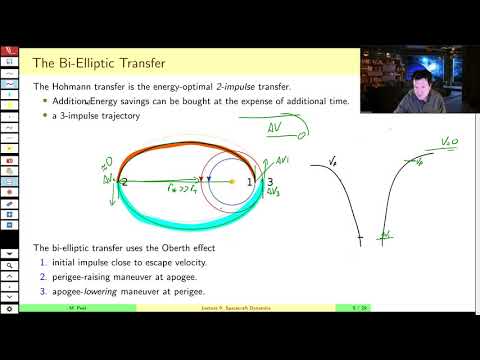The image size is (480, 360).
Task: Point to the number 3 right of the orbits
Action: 269,182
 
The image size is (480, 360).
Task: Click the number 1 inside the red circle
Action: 250,182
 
